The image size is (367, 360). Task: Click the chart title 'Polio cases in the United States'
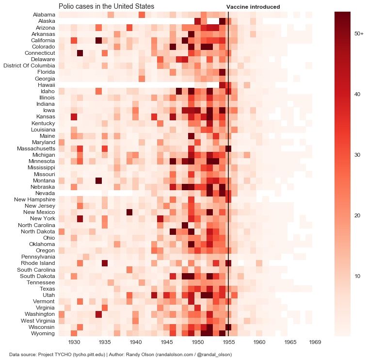pos(106,7)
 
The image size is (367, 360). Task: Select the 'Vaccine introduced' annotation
pos(253,7)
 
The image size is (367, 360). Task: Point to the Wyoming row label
pos(42,333)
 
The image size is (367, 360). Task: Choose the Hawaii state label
pos(46,84)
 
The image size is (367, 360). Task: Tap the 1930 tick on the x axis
pos(74,343)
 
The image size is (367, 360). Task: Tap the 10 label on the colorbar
pos(358,277)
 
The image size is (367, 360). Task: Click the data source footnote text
pos(120,355)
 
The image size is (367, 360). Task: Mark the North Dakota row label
pos(37,231)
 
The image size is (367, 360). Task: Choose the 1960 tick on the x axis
pos(259,343)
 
